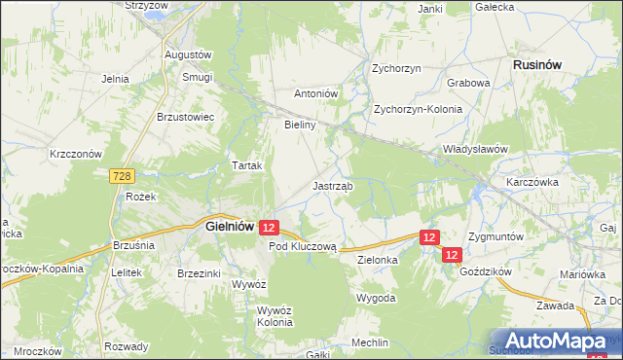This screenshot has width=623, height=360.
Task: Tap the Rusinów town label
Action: [537, 64]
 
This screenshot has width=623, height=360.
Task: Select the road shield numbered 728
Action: [121, 176]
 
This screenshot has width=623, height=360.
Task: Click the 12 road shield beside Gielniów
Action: [271, 227]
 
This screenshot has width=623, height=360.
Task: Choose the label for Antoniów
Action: [315, 94]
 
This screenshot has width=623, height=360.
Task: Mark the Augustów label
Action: [189, 54]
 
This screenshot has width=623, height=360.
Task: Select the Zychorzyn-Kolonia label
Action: [418, 109]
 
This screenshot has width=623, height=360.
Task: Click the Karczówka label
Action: [531, 182]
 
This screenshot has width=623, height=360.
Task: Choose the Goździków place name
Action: [484, 273]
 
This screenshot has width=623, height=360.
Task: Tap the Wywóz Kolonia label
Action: [275, 317]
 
